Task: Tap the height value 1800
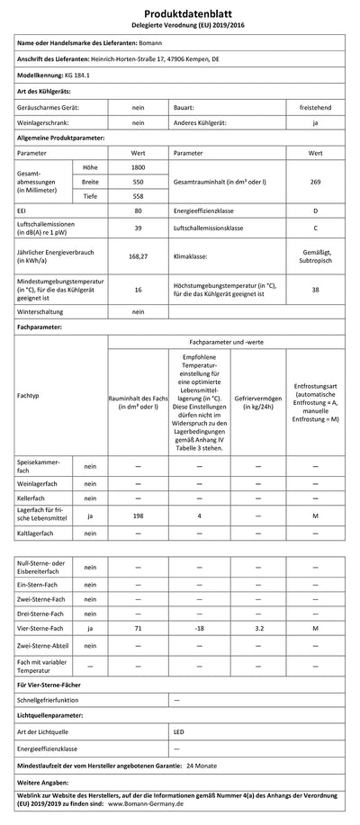pyautogui.click(x=139, y=167)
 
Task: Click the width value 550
pyautogui.click(x=139, y=182)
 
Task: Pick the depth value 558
pyautogui.click(x=139, y=196)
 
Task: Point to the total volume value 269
pyautogui.click(x=315, y=182)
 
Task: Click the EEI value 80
pyautogui.click(x=139, y=211)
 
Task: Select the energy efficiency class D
pyautogui.click(x=315, y=211)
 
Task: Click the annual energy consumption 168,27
pyautogui.click(x=139, y=256)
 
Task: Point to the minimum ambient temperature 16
pyautogui.click(x=139, y=291)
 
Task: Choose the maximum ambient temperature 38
pyautogui.click(x=315, y=291)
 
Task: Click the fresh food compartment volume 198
pyautogui.click(x=138, y=516)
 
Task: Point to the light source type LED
pyautogui.click(x=179, y=732)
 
